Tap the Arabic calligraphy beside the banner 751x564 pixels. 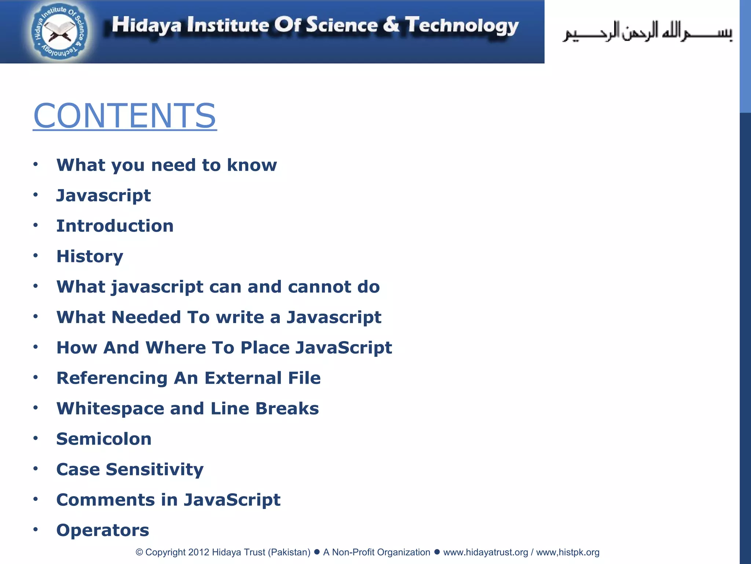click(647, 32)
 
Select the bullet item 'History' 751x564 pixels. click(90, 256)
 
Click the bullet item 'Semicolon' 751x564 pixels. click(104, 439)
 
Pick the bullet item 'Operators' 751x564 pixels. click(103, 530)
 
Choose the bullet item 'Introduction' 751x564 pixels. click(115, 226)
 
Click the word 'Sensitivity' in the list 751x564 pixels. click(155, 470)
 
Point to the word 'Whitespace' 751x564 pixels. click(110, 409)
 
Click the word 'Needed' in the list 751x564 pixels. click(146, 317)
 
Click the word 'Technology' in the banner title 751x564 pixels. click(462, 26)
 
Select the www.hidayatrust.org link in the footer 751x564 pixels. click(486, 552)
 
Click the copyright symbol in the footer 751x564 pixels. click(139, 552)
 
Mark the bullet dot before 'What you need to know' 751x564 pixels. click(36, 164)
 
